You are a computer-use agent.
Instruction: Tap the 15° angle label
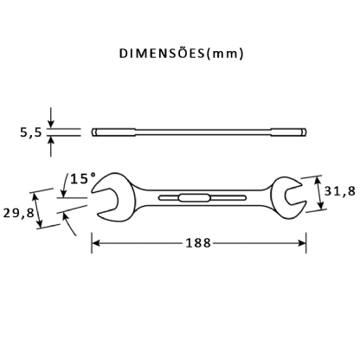[x=82, y=178]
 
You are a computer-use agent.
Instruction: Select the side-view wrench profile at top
[x=199, y=132]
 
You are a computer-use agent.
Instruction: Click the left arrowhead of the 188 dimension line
[x=96, y=245]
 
